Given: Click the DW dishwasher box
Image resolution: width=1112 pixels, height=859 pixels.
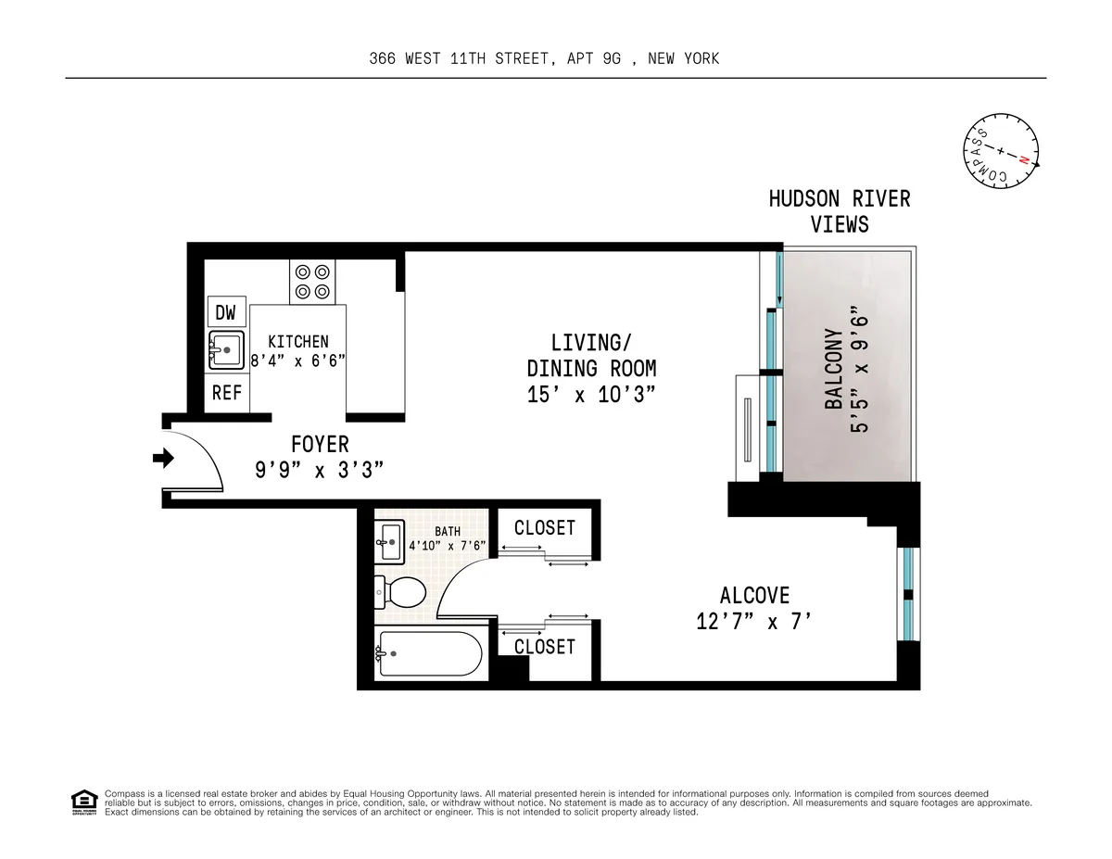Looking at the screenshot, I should [226, 312].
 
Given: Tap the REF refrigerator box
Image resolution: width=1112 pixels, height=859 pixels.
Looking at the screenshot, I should [226, 393].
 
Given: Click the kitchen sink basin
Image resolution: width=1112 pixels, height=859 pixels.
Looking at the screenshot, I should [225, 350].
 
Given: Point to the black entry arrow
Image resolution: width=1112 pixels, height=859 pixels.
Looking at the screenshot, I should [164, 457].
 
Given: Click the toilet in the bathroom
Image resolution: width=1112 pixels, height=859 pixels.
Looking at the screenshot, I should [400, 590].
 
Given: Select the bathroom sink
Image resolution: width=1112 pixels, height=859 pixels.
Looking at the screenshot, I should [390, 539].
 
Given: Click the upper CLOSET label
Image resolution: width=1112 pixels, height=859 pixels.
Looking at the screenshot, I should [545, 527].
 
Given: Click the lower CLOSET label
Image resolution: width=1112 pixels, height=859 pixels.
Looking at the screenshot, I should [545, 646].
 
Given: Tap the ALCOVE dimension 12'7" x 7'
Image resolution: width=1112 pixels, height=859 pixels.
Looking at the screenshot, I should [755, 622].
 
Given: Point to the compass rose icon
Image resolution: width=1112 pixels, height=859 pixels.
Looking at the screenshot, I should [1001, 151].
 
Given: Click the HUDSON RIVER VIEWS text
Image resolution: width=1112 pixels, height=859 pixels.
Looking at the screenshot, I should [840, 211].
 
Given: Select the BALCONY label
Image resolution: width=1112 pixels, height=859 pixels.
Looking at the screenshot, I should [835, 369].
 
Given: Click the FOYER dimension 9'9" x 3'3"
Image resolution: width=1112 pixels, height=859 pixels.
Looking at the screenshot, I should [320, 471].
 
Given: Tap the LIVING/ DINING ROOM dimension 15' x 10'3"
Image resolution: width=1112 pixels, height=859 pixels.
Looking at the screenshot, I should [591, 394].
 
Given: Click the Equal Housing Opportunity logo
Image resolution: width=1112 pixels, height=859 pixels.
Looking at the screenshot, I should [84, 802].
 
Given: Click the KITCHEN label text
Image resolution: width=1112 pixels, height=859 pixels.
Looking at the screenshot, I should [297, 342].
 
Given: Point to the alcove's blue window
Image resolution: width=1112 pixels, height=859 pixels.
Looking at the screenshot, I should [909, 593].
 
